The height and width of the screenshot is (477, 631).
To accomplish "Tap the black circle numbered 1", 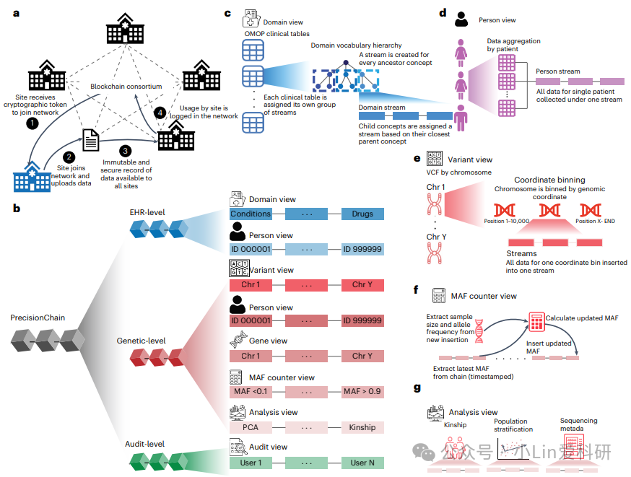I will pos(30,123).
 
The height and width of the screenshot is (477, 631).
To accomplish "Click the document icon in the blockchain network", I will pos(91,139).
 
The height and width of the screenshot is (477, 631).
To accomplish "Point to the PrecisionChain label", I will pos(38,318).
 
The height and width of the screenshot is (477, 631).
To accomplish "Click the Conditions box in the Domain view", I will pos(251,214).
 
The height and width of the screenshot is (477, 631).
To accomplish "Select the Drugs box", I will pos(362,214).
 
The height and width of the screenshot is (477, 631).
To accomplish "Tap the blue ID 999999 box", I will pos(362,249).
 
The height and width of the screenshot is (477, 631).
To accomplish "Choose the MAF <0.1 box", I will pos(251,391).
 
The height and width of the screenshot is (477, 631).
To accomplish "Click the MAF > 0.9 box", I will pos(362,391).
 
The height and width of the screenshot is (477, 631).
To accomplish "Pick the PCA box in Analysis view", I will pos(251,426).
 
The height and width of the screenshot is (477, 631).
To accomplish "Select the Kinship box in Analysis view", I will pos(362,426).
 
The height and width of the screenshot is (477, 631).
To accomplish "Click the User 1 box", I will pos(251,462).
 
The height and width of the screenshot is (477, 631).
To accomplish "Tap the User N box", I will pos(362,462).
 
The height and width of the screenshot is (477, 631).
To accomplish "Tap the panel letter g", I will pos(417,388).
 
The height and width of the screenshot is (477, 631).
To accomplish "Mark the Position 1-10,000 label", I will pos(508,221).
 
